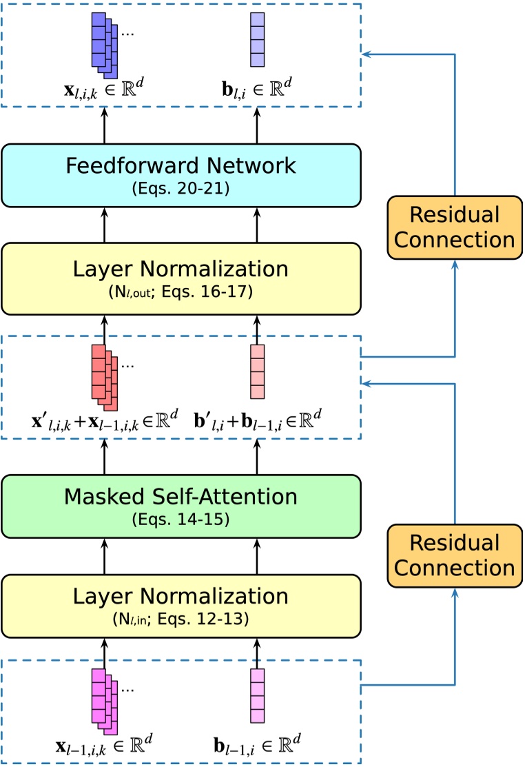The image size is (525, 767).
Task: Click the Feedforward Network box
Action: (x=181, y=175)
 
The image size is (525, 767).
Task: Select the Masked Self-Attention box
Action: (x=181, y=505)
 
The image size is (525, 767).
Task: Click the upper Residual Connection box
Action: (x=453, y=227)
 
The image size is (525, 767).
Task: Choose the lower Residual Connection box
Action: (x=453, y=555)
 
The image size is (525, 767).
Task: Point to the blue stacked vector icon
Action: (x=104, y=46)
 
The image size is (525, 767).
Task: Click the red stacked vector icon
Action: (x=104, y=376)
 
